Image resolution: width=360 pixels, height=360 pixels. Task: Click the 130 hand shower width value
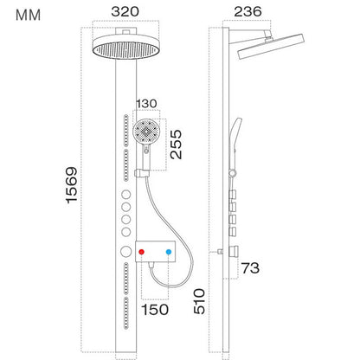pyautogui.click(x=145, y=104)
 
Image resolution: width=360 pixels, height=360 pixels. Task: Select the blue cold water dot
pyautogui.click(x=169, y=254)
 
